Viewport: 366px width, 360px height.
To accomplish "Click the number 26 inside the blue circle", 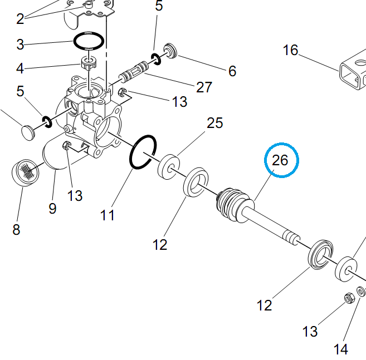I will (x=280, y=160).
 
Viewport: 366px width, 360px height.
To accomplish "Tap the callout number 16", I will (x=290, y=51).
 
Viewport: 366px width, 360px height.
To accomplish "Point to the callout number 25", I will (x=214, y=122).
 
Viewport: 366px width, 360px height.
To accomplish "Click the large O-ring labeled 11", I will (x=143, y=151).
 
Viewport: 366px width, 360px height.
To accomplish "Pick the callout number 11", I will (x=108, y=214).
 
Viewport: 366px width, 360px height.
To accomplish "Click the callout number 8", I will (x=16, y=229).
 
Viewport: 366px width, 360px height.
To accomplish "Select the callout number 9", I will (x=52, y=208).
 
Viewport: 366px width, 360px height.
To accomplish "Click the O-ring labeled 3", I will (x=89, y=40).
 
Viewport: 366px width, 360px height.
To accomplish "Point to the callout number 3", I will (x=20, y=44).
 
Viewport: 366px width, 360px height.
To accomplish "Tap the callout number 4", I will (x=20, y=69).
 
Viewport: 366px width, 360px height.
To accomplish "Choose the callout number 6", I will (x=232, y=71).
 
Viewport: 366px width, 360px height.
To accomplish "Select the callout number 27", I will (x=204, y=87).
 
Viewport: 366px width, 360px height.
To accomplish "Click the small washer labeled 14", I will (x=360, y=292).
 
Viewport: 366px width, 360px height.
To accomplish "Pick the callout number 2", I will (x=20, y=19).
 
